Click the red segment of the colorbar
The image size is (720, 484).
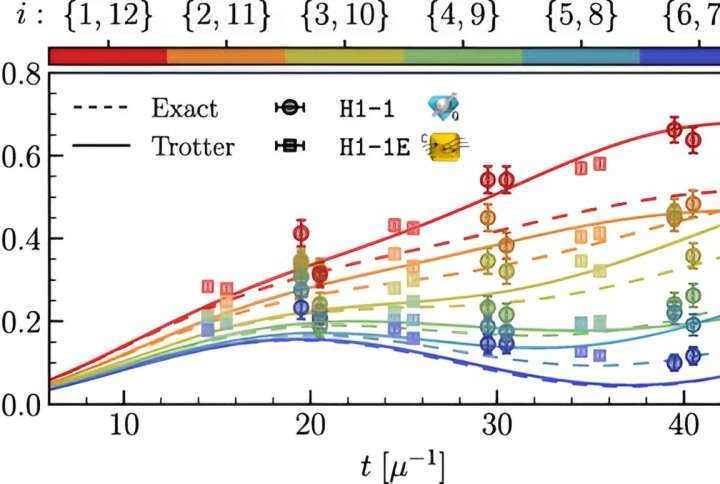107,55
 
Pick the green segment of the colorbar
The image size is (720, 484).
462,55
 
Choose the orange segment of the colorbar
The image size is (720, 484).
225,55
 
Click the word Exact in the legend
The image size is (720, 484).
185,108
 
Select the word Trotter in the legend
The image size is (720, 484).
193,147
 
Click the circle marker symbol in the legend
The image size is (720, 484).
288,108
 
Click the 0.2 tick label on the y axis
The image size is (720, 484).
21,322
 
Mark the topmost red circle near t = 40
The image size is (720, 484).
674,128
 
